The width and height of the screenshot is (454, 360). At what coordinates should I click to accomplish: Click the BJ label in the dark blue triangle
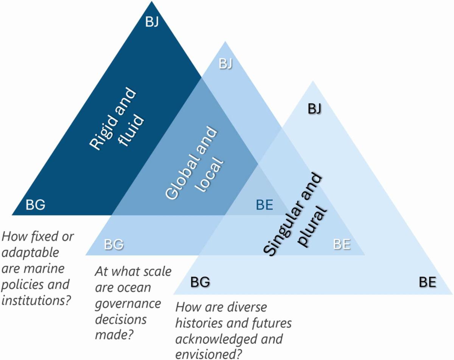coord(152,22)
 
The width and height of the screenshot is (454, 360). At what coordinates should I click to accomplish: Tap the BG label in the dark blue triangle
coord(35,205)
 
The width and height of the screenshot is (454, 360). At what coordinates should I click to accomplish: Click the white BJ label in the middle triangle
coord(225,64)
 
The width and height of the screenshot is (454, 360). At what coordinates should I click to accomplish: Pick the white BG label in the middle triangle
coord(114,245)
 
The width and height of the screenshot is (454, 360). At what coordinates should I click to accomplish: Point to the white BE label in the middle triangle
coord(342,244)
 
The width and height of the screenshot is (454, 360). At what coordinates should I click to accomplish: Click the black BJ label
coord(314,109)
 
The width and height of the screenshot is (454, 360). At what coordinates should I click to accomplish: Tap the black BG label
coord(200,282)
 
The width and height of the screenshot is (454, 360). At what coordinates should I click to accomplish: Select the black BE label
coord(428,282)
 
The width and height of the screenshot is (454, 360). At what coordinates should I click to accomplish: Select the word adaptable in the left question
coord(30,252)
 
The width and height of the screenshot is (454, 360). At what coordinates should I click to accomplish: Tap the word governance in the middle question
coord(128,303)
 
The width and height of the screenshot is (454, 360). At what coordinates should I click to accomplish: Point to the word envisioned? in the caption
coord(209,354)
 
